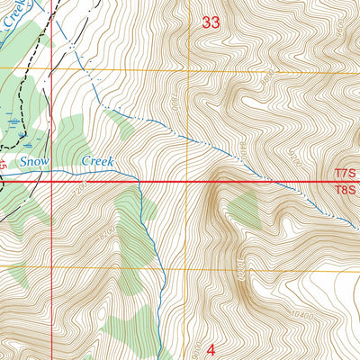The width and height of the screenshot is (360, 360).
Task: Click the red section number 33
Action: pyautogui.click(x=211, y=23)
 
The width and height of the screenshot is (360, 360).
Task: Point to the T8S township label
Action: pyautogui.click(x=346, y=190)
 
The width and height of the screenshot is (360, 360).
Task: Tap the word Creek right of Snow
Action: pyautogui.click(x=100, y=161)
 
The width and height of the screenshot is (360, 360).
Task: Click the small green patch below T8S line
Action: pyautogui.click(x=244, y=209)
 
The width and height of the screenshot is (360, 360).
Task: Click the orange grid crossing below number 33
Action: pyautogui.click(x=188, y=69)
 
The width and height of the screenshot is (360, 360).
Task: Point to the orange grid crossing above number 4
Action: pyautogui.click(x=188, y=267)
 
